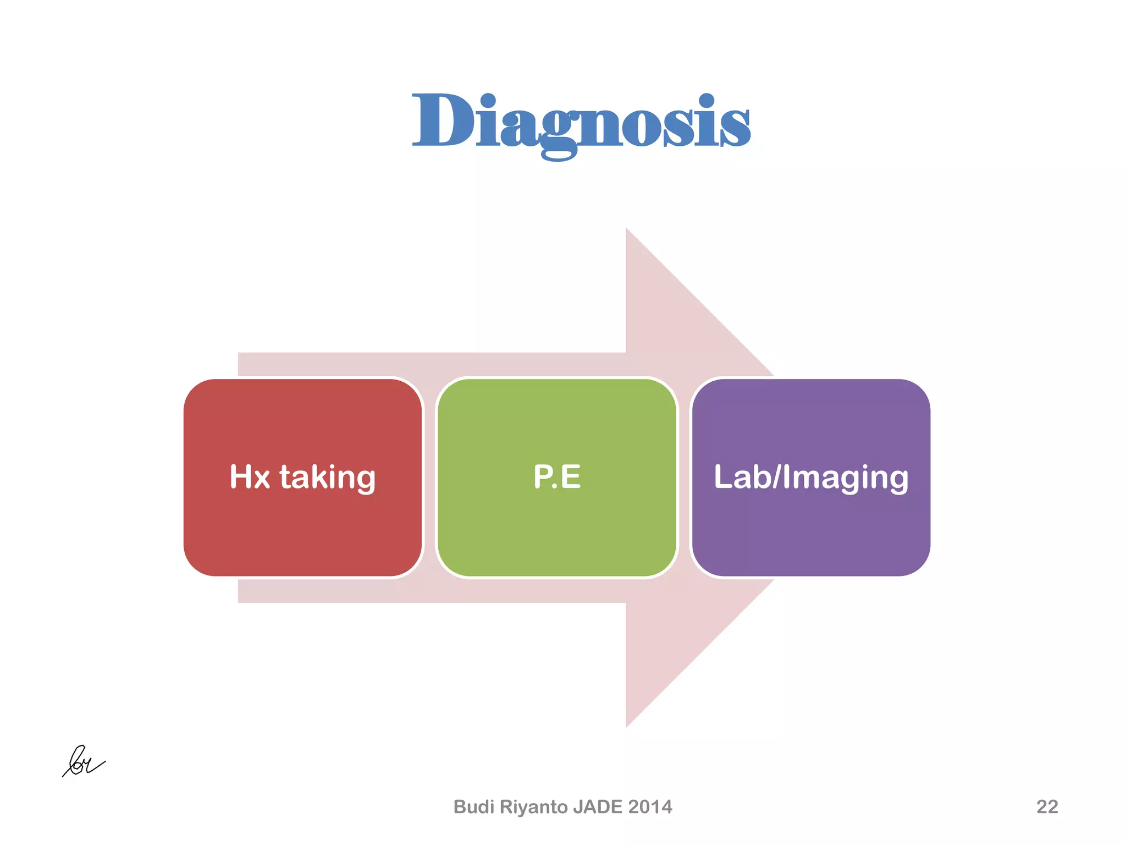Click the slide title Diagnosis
click(581, 122)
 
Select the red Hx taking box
click(303, 528)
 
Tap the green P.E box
click(556, 528)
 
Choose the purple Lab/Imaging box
click(810, 528)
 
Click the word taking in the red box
click(328, 477)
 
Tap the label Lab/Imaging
click(810, 478)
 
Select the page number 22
click(1047, 806)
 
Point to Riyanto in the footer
click(534, 807)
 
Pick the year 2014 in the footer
click(650, 806)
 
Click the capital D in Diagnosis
click(441, 120)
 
